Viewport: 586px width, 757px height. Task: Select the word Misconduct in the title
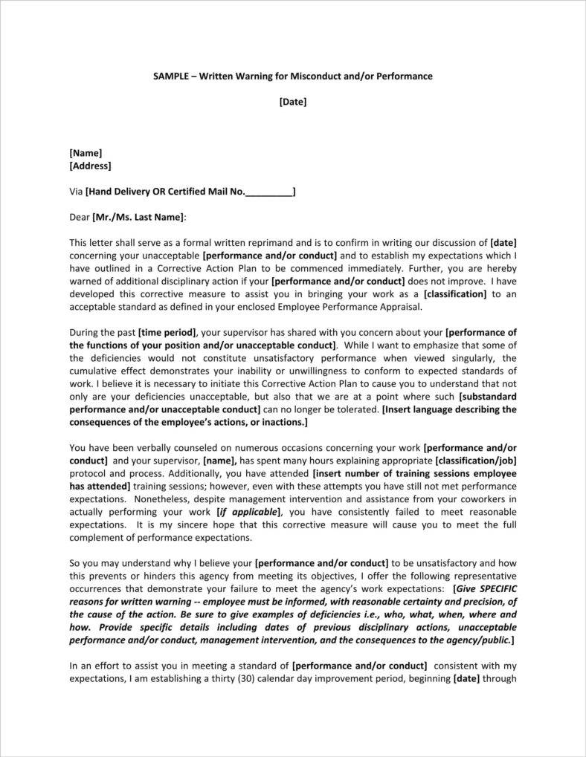[324, 77]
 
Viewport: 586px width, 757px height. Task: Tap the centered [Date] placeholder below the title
[293, 103]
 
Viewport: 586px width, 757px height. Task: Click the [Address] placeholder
[90, 166]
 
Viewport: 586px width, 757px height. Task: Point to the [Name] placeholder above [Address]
[86, 153]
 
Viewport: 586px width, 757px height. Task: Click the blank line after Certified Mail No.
[269, 192]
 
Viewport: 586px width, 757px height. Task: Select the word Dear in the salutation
[80, 217]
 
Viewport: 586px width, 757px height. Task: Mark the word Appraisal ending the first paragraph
[402, 307]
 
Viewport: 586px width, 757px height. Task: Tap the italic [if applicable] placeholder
[248, 512]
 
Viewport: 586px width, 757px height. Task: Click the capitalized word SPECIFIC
[495, 589]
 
